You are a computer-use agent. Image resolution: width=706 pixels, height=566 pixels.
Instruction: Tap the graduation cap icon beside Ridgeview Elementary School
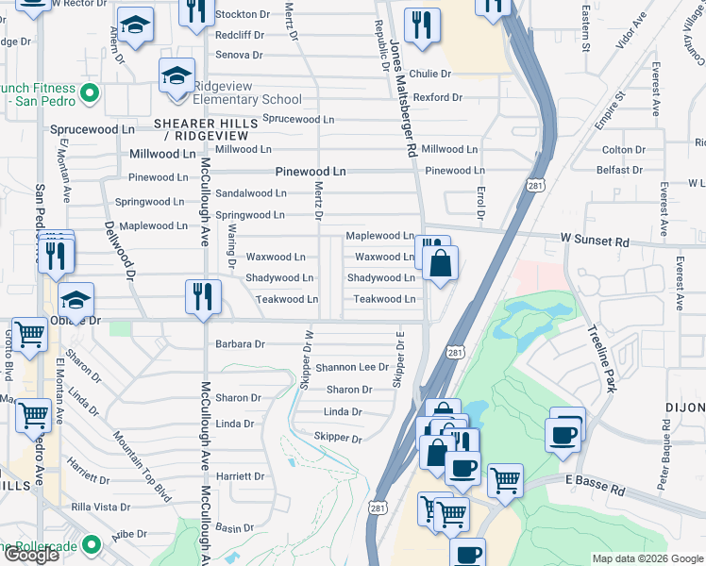[x=176, y=75]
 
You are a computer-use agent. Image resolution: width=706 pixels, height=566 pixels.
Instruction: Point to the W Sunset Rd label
[x=595, y=241]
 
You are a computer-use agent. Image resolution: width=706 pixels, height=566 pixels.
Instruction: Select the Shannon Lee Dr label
[x=352, y=367]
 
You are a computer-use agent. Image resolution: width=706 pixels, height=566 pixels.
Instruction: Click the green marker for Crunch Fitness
[x=90, y=92]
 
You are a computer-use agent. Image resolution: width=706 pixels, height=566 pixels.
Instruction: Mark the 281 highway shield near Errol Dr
[x=535, y=186]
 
